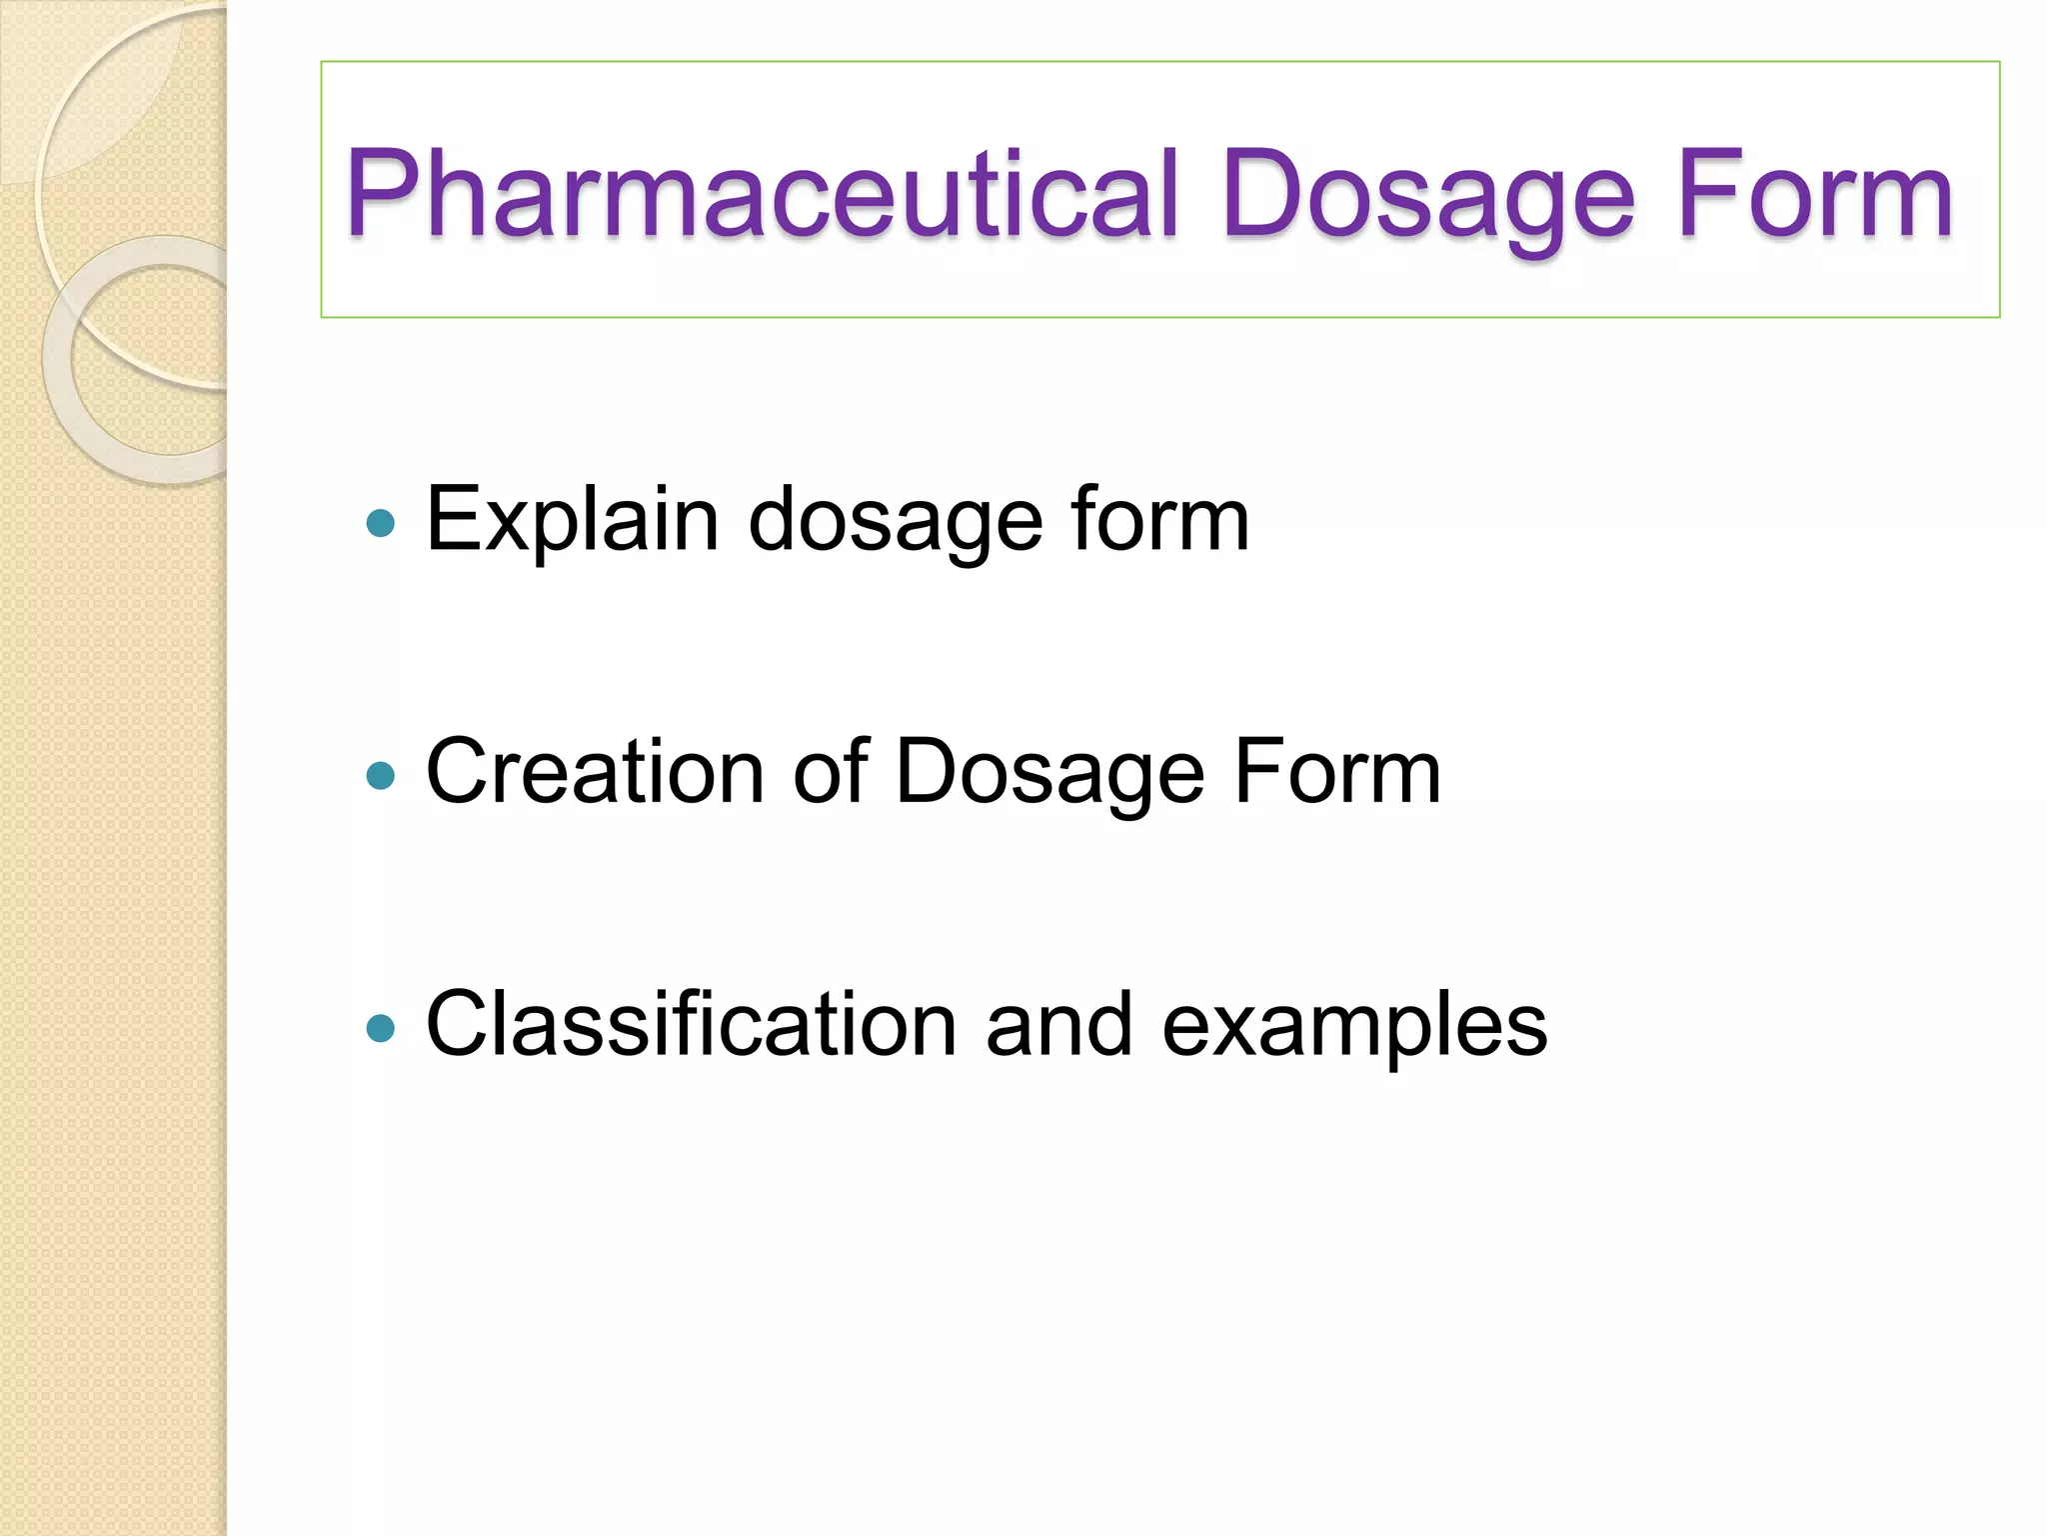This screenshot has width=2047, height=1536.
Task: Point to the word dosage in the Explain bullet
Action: tap(895, 520)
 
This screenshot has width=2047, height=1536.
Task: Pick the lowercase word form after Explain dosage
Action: tap(1159, 520)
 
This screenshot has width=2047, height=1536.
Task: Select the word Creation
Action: tap(596, 772)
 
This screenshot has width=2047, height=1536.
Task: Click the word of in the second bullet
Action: tap(830, 772)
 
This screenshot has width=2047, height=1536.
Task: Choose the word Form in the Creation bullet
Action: tap(1337, 772)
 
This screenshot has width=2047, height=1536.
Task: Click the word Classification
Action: tap(691, 1024)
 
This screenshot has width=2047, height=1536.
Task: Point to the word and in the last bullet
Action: tap(1058, 1024)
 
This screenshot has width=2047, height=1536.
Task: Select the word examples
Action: tap(1354, 1026)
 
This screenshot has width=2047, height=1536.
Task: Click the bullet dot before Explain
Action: tap(381, 523)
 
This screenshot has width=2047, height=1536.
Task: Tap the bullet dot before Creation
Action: tap(381, 775)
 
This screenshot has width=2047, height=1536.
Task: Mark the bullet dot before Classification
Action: tap(381, 1028)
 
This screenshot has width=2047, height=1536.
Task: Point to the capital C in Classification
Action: tap(457, 1024)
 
